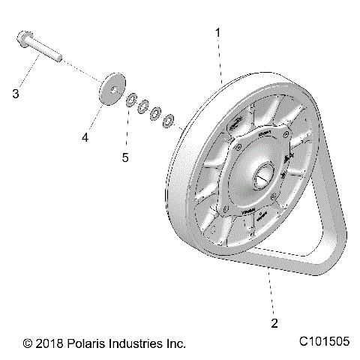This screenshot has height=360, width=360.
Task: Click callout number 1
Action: [218, 32]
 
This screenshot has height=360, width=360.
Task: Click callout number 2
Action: [253, 324]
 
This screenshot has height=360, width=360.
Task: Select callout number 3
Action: [15, 94]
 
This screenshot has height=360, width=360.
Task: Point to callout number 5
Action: [125, 157]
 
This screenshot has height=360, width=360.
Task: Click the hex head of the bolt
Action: [23, 39]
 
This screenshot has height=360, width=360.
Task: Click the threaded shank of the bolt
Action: [49, 52]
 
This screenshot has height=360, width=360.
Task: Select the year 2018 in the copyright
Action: [49, 343]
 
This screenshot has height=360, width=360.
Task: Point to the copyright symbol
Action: [28, 343]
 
